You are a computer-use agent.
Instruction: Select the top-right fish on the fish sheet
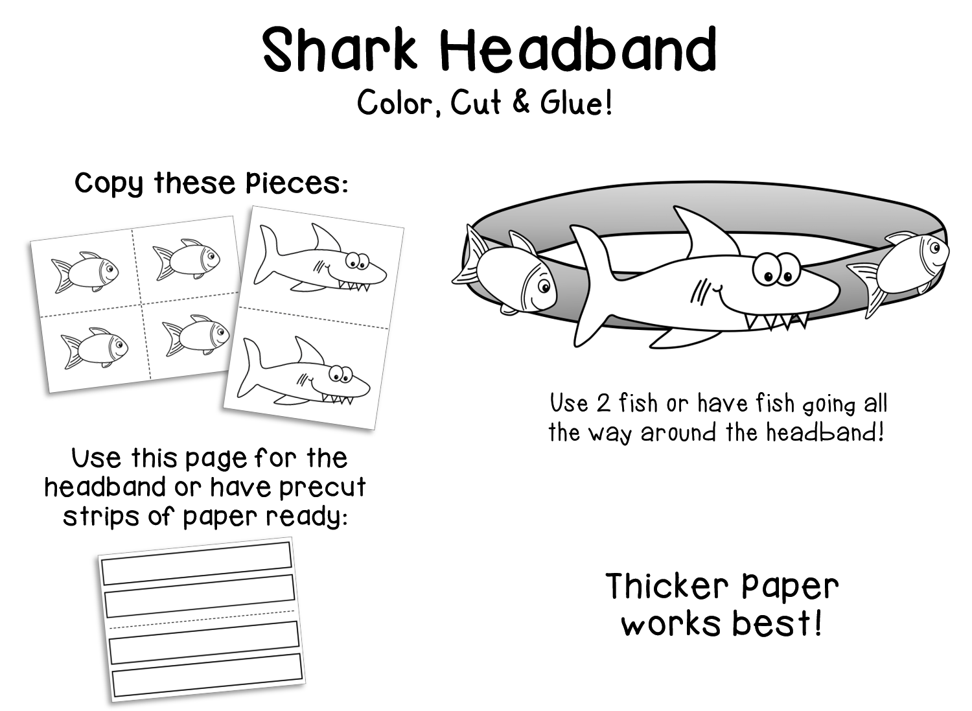click(x=185, y=258)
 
